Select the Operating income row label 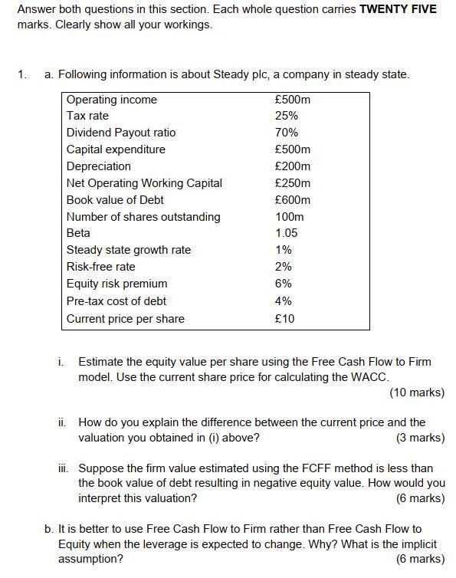tap(111, 100)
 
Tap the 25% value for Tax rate tap(287, 116)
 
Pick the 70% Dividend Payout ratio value tap(287, 133)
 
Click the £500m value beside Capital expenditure tap(292, 149)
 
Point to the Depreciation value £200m tap(292, 166)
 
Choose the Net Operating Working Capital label tap(144, 183)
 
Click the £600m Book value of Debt tap(292, 200)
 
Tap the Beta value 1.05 tap(287, 233)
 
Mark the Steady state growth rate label tap(129, 250)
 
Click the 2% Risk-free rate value tap(284, 267)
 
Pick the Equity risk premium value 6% tap(284, 284)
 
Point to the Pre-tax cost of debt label tap(116, 301)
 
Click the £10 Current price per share tap(284, 319)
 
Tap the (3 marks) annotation tap(420, 438)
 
